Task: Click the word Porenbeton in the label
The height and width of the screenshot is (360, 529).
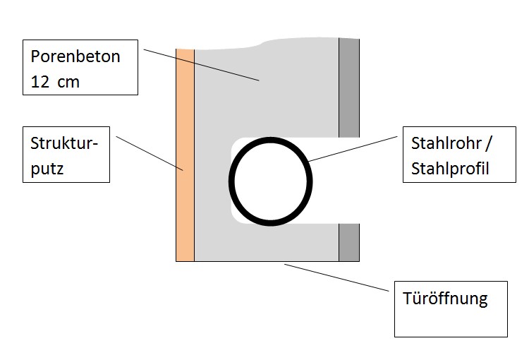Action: [x=75, y=56]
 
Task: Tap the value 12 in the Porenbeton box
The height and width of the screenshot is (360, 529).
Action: [x=42, y=82]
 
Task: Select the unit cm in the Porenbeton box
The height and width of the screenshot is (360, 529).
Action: [x=69, y=82]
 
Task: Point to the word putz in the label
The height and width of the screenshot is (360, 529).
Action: [x=47, y=169]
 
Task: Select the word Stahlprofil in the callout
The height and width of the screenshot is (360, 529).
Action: [x=450, y=169]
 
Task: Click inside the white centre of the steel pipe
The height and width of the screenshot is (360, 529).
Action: [x=271, y=181]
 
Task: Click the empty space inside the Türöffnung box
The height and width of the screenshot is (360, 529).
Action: [x=451, y=321]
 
